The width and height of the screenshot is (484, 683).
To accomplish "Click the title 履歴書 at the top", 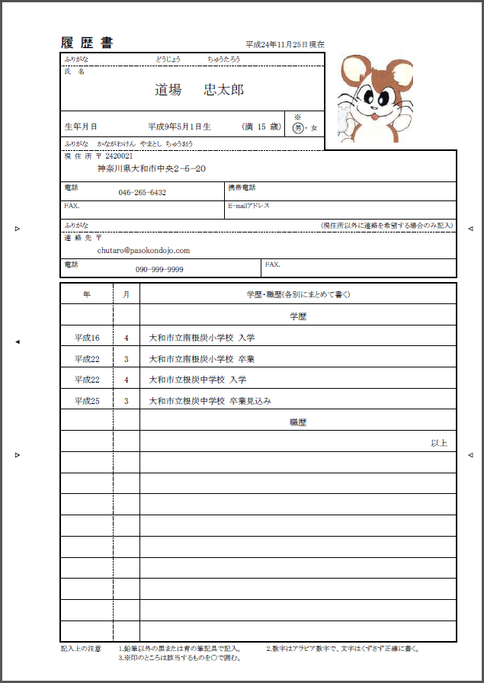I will [86, 43].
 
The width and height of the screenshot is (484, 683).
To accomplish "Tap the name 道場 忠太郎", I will [199, 90].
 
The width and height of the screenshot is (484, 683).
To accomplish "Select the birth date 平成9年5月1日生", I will [179, 127].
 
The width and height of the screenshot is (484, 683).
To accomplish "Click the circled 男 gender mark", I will [299, 128].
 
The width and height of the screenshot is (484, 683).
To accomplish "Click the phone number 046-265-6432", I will [143, 193].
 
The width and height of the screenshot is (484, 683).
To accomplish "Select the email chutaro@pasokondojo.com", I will [143, 250].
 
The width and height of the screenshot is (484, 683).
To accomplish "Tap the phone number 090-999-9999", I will [159, 270].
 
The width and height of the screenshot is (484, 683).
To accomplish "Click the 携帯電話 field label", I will [242, 188].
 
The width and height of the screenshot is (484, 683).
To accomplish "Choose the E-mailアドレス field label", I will [248, 206].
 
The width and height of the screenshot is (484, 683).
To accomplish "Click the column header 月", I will [127, 294].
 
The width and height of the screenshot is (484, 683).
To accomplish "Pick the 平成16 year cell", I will [87, 338].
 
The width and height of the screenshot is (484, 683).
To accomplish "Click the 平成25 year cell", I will [87, 401].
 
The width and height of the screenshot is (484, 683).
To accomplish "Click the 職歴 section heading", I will [298, 422].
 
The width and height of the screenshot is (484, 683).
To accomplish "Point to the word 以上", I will [439, 443].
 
